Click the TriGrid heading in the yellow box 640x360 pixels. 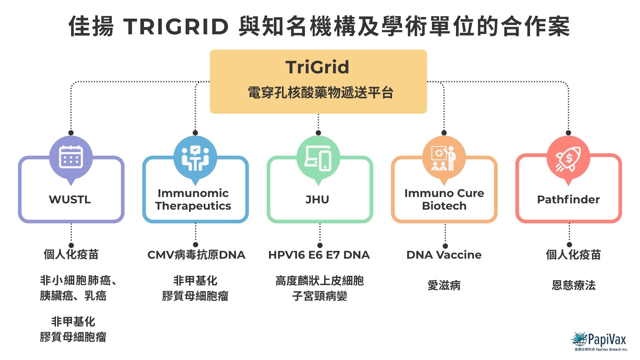(x=317, y=67)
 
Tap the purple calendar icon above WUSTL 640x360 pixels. (x=71, y=157)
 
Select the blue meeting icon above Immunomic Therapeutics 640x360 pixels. (x=195, y=158)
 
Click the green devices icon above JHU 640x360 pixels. (x=318, y=158)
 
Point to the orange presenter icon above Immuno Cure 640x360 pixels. (x=444, y=158)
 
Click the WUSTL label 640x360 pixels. (x=70, y=199)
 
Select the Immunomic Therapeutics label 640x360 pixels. (x=193, y=199)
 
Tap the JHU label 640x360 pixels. (x=317, y=199)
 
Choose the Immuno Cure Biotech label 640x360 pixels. (x=444, y=199)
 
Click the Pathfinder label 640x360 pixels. (x=568, y=199)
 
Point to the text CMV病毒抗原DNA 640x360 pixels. (x=196, y=255)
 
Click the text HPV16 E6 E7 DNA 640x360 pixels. (x=319, y=255)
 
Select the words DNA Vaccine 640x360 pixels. (x=444, y=255)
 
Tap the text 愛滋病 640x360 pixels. (x=444, y=285)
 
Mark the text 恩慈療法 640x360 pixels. (x=573, y=285)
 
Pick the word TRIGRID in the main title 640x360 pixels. (x=176, y=27)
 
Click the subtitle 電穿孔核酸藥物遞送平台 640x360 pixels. (x=320, y=93)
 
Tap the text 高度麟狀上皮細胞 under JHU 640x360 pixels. (x=319, y=281)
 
